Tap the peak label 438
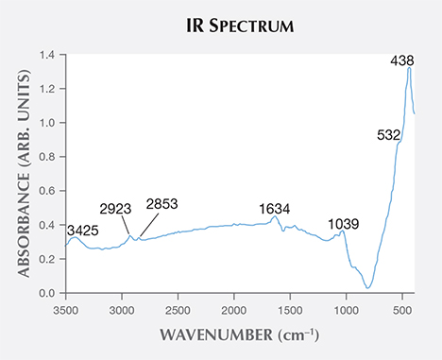403,60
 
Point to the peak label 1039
345,223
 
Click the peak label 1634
276,208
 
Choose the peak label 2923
115,209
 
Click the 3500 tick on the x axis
65,307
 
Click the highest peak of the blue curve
409,68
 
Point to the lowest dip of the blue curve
368,287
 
